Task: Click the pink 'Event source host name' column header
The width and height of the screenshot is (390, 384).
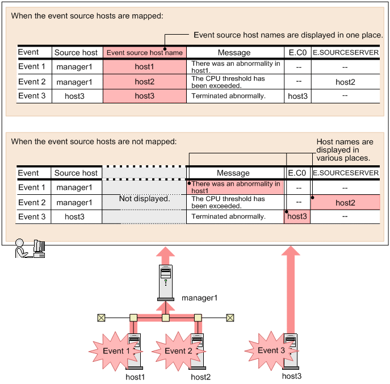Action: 145,52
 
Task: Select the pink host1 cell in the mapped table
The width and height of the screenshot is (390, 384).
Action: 145,66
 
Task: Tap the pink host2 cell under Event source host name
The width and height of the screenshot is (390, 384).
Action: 145,82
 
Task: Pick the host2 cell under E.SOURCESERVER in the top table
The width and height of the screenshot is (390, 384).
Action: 345,82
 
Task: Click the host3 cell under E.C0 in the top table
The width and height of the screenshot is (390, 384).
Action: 297,96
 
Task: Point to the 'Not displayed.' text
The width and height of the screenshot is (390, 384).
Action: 145,199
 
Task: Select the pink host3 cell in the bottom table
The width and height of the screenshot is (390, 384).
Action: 297,216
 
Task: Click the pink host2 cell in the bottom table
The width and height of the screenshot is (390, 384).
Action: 345,202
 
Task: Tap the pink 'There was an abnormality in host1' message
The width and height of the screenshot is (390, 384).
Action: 235,187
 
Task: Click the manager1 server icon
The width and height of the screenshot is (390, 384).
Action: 166,283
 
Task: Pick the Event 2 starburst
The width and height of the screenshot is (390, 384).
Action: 178,351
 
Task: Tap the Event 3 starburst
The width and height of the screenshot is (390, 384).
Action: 271,350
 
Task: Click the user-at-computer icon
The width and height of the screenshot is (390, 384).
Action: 30,248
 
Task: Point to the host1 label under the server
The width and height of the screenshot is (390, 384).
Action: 135,377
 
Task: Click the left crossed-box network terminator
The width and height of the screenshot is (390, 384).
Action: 101,318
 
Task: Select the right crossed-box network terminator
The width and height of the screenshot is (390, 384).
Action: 230,318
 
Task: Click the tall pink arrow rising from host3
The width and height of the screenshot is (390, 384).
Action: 291,290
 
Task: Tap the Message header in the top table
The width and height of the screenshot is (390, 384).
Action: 234,52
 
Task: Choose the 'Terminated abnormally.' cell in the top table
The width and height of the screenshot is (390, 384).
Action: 229,96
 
